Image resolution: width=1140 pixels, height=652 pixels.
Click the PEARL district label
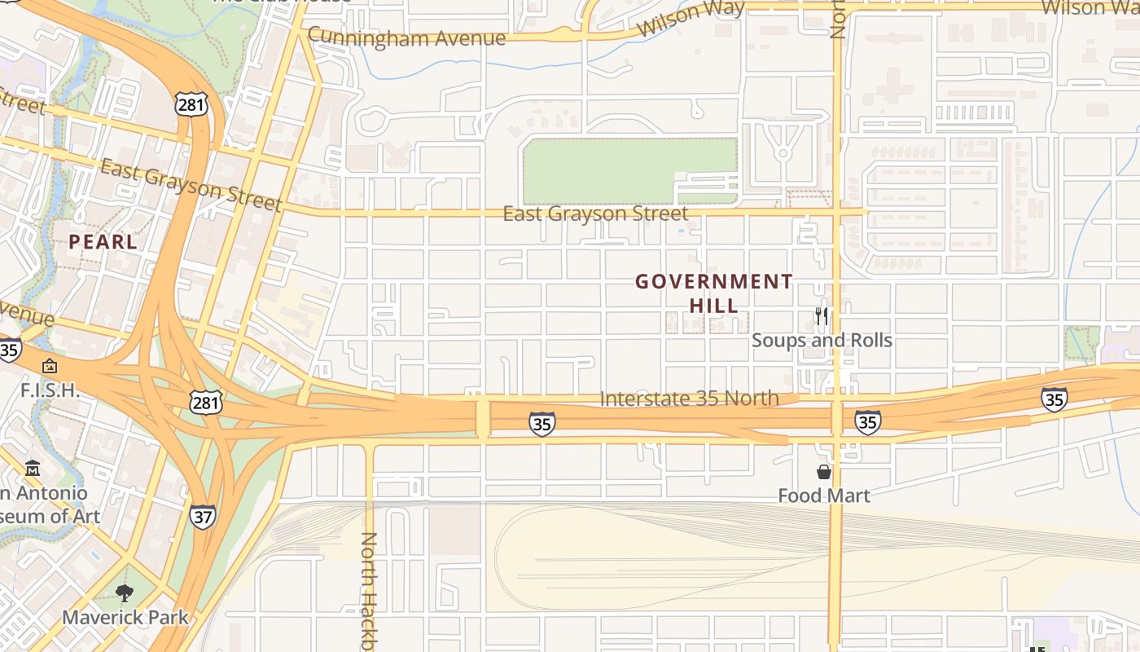pyautogui.click(x=103, y=242)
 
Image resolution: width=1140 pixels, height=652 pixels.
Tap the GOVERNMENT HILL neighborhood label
pyautogui.click(x=713, y=293)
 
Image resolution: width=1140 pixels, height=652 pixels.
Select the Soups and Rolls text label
pyautogui.click(x=822, y=341)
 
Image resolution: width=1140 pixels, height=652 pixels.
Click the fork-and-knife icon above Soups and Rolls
pyautogui.click(x=822, y=315)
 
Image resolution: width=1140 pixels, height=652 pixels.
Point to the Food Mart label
pyautogui.click(x=823, y=496)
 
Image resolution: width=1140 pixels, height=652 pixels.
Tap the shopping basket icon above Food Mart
pyautogui.click(x=824, y=471)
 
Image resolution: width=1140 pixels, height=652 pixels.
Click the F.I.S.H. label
pyautogui.click(x=50, y=390)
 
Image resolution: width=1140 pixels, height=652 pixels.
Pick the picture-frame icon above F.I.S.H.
pyautogui.click(x=50, y=366)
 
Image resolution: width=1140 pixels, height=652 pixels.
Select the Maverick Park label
pyautogui.click(x=125, y=617)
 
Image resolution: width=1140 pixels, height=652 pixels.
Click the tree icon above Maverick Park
pyautogui.click(x=125, y=593)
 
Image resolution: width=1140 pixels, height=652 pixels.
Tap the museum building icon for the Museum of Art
pyautogui.click(x=33, y=469)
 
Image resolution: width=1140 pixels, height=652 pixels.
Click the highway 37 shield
pyautogui.click(x=203, y=517)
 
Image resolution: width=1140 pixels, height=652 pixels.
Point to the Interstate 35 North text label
pyautogui.click(x=689, y=399)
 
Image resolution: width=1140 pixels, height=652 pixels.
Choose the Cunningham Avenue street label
pyautogui.click(x=406, y=37)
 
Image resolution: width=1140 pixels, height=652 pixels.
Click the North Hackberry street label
pyautogui.click(x=369, y=591)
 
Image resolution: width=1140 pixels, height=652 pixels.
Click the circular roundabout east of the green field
pyautogui.click(x=783, y=152)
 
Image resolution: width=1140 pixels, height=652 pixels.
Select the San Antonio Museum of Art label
pyautogui.click(x=45, y=504)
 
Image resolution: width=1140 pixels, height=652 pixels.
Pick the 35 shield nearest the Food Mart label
pyautogui.click(x=867, y=422)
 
